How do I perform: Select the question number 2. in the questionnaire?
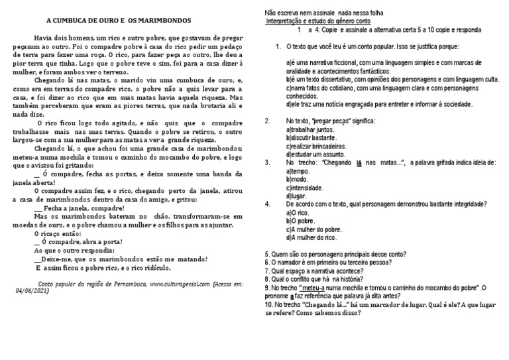268,121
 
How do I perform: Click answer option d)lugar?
297,196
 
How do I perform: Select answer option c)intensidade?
306,188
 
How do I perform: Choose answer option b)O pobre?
300,221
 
